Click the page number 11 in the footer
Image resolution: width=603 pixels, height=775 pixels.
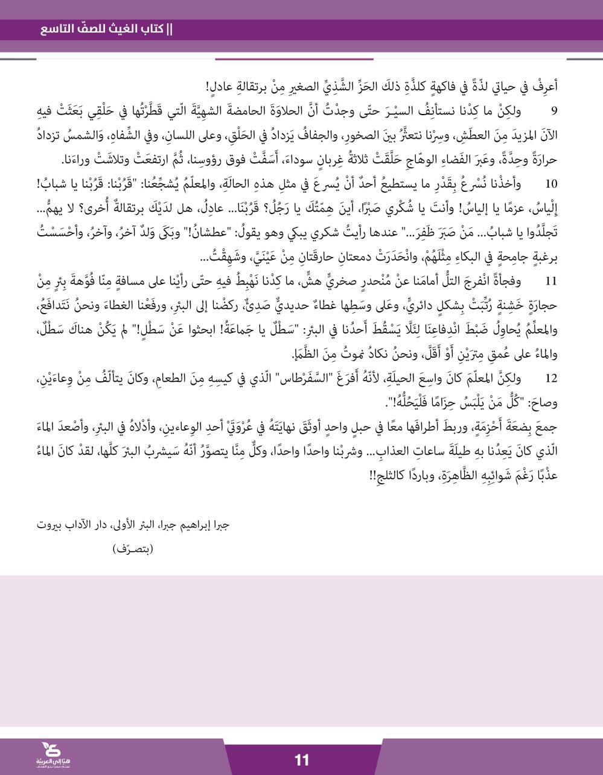tap(301, 759)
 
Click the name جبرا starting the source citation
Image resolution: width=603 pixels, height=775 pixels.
tap(221, 524)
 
